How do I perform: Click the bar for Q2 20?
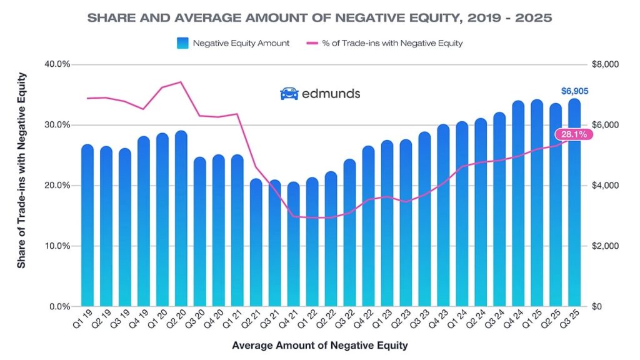coord(181,219)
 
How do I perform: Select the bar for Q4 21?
coord(294,244)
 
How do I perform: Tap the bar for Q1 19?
coord(87,225)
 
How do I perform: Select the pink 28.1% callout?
coord(571,134)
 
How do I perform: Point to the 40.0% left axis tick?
coord(57,64)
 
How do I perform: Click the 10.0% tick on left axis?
coord(57,246)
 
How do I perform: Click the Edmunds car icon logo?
coord(289,94)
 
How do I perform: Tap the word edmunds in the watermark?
coord(331,94)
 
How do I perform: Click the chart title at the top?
coord(319,17)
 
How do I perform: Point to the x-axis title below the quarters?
coord(319,345)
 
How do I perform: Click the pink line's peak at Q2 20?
coord(181,82)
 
